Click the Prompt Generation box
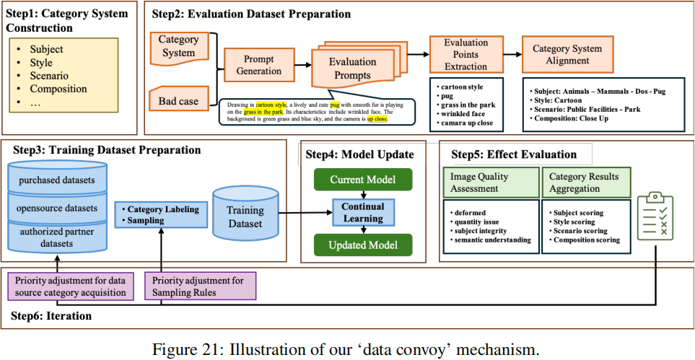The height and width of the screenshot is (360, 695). [259, 66]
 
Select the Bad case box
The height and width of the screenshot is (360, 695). [178, 101]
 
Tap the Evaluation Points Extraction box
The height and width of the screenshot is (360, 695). [465, 55]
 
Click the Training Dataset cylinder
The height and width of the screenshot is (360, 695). [245, 214]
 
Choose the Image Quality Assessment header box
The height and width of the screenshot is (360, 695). [491, 183]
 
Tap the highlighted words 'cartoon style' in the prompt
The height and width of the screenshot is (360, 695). [270, 105]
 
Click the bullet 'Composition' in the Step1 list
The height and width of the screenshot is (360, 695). [58, 89]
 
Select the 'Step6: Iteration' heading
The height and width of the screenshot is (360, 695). [51, 316]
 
